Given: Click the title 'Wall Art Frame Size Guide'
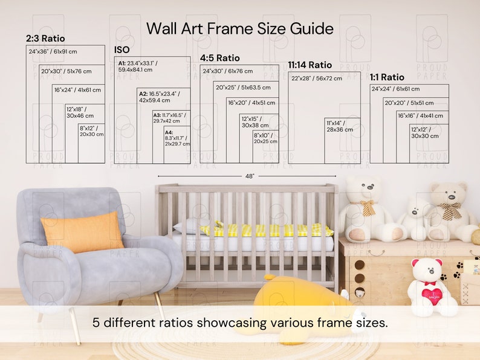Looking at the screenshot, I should [x=239, y=28].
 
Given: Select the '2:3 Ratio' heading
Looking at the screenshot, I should [x=45, y=39].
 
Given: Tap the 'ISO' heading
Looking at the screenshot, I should [x=122, y=50].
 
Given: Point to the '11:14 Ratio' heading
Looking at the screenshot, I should [x=310, y=65].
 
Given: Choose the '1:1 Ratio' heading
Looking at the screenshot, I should [x=388, y=77].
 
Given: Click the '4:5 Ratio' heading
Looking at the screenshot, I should [x=220, y=59].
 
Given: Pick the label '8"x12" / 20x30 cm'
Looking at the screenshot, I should [x=91, y=131].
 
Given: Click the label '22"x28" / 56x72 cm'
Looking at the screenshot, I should [x=316, y=79].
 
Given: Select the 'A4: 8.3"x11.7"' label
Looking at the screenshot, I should [x=177, y=138].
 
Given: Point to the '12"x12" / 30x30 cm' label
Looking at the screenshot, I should [x=425, y=133].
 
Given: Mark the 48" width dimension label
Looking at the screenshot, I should [x=249, y=176].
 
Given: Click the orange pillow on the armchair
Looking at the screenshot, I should [x=82, y=233].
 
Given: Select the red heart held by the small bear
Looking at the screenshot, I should [x=430, y=293].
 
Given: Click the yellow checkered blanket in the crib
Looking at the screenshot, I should [x=266, y=230].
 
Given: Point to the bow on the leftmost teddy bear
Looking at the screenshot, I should [x=367, y=207].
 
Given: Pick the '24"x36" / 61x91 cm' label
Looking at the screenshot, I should [x=53, y=52].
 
